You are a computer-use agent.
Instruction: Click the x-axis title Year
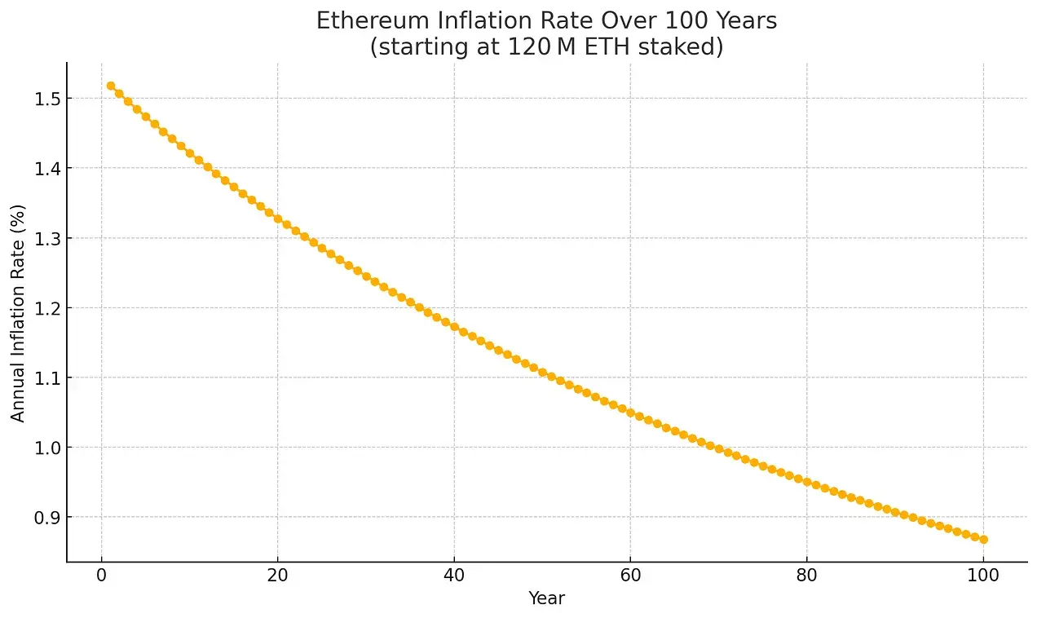[x=546, y=598]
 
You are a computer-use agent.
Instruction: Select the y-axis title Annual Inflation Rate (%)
[x=18, y=312]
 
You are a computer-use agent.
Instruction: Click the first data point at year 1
[x=111, y=86]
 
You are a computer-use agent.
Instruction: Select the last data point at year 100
[x=983, y=540]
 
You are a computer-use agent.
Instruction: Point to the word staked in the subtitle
[x=686, y=47]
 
